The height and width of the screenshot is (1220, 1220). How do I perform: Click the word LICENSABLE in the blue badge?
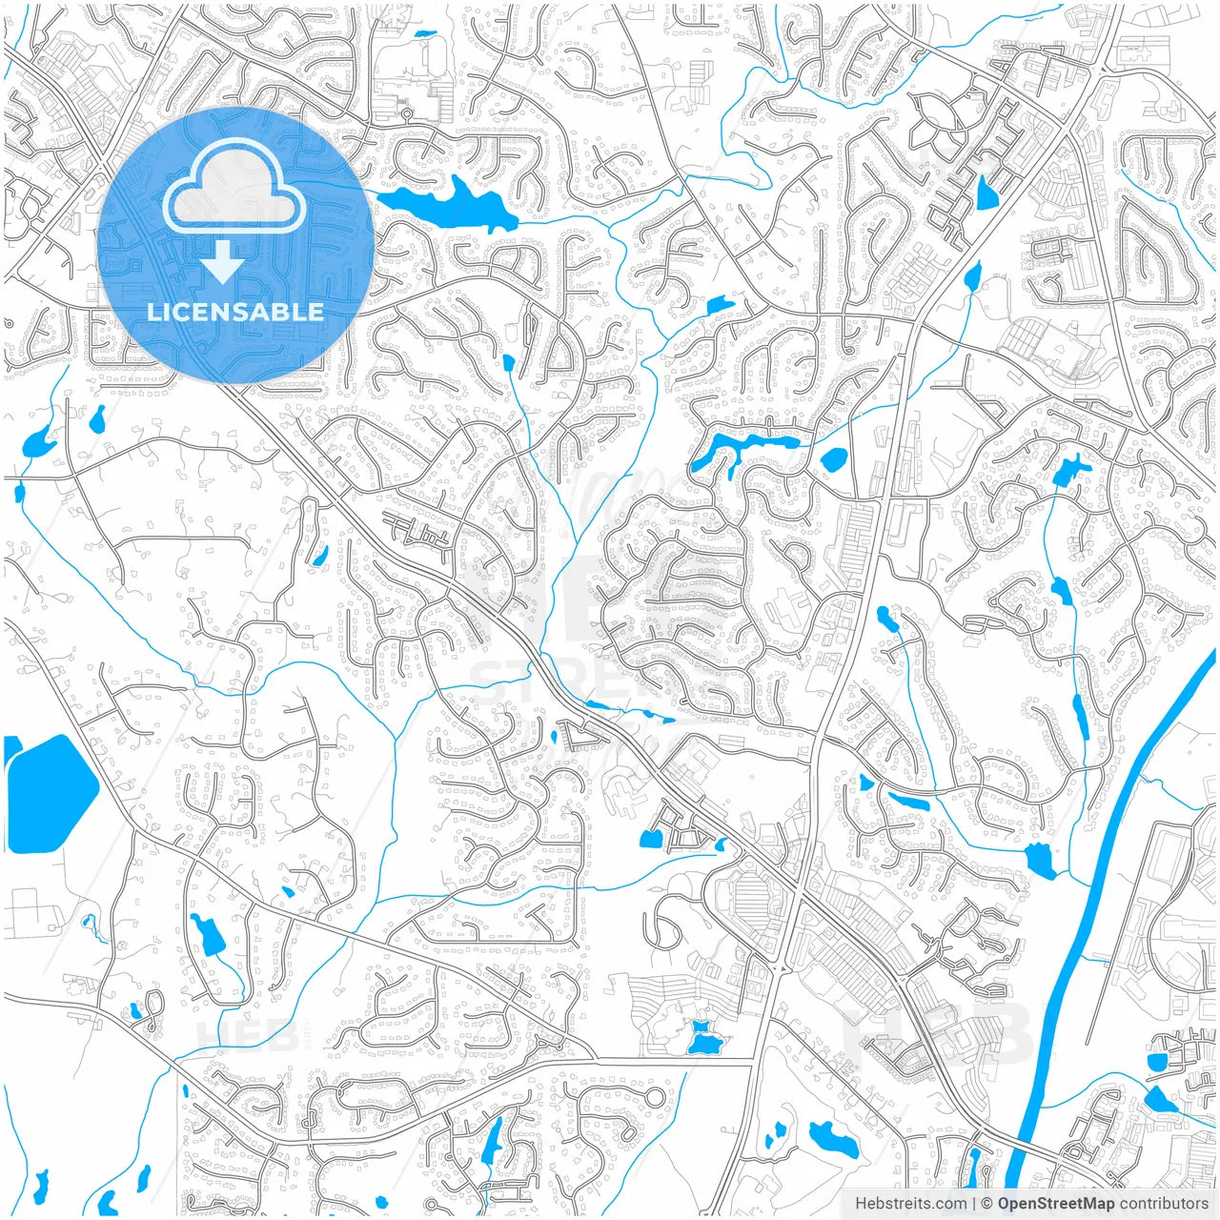pyautogui.click(x=235, y=312)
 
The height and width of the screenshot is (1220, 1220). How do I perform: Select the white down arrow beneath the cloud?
pyautogui.click(x=223, y=262)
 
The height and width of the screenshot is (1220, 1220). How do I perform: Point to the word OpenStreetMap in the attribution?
pyautogui.click(x=1056, y=1204)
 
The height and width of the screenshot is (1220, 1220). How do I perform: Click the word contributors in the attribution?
pyautogui.click(x=1163, y=1204)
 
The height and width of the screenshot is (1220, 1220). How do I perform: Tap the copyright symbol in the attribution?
pyautogui.click(x=987, y=1204)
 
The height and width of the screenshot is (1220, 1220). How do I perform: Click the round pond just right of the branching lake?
pyautogui.click(x=833, y=459)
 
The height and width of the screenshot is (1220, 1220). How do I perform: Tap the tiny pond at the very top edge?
pyautogui.click(x=424, y=35)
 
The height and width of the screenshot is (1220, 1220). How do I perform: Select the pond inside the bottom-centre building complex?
pyautogui.click(x=704, y=1039)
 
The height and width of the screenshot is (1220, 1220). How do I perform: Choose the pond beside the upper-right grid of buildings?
pyautogui.click(x=986, y=193)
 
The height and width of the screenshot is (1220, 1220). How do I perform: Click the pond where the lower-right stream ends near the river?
pyautogui.click(x=1041, y=860)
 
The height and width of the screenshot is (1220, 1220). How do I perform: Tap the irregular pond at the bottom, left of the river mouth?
pyautogui.click(x=833, y=1138)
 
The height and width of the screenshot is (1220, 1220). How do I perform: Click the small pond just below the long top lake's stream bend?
pyautogui.click(x=720, y=306)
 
